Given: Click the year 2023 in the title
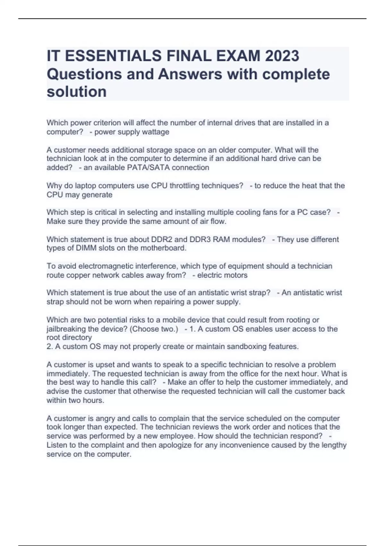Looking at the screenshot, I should pos(282,56).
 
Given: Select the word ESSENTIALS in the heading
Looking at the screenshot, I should pos(116,56).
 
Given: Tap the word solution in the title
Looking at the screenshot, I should pos(77,92).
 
